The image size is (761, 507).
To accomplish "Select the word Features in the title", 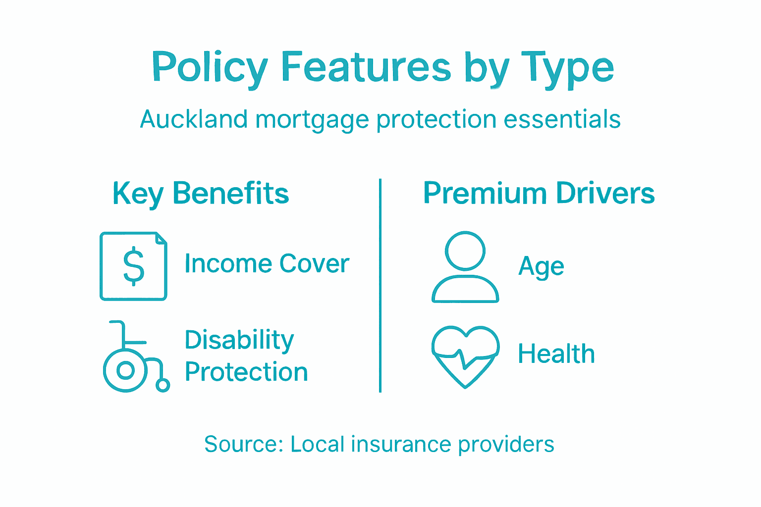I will coord(366,67).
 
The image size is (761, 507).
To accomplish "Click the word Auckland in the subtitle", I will coord(194,119).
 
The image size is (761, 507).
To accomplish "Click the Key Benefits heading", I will coord(201,194).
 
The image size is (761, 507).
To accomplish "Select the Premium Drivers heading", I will coord(539,193).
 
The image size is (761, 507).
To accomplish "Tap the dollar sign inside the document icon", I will coord(133,267).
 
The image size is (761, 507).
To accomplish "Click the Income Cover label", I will coord(267,263).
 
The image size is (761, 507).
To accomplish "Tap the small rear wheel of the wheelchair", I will coord(163,385).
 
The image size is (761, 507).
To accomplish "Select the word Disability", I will coord(239,340).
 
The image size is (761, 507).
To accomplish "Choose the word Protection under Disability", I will coord(246,372).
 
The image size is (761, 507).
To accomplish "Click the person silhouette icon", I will coord(465,267).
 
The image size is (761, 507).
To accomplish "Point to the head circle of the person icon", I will coord(465,251).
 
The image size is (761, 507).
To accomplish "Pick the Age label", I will coord(541,267).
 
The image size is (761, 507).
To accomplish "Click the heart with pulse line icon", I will coord(465,355).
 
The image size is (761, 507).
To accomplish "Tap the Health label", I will coord(556,354).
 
